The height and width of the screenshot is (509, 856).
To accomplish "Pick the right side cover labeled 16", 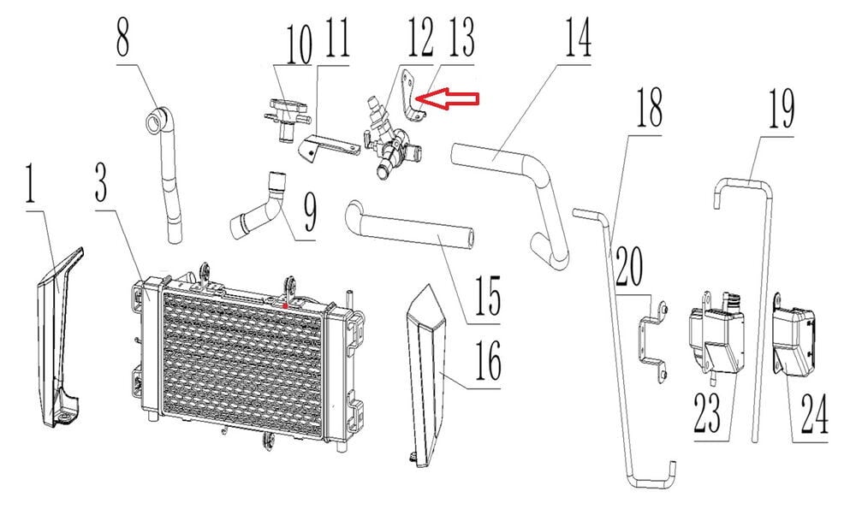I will [428, 376].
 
